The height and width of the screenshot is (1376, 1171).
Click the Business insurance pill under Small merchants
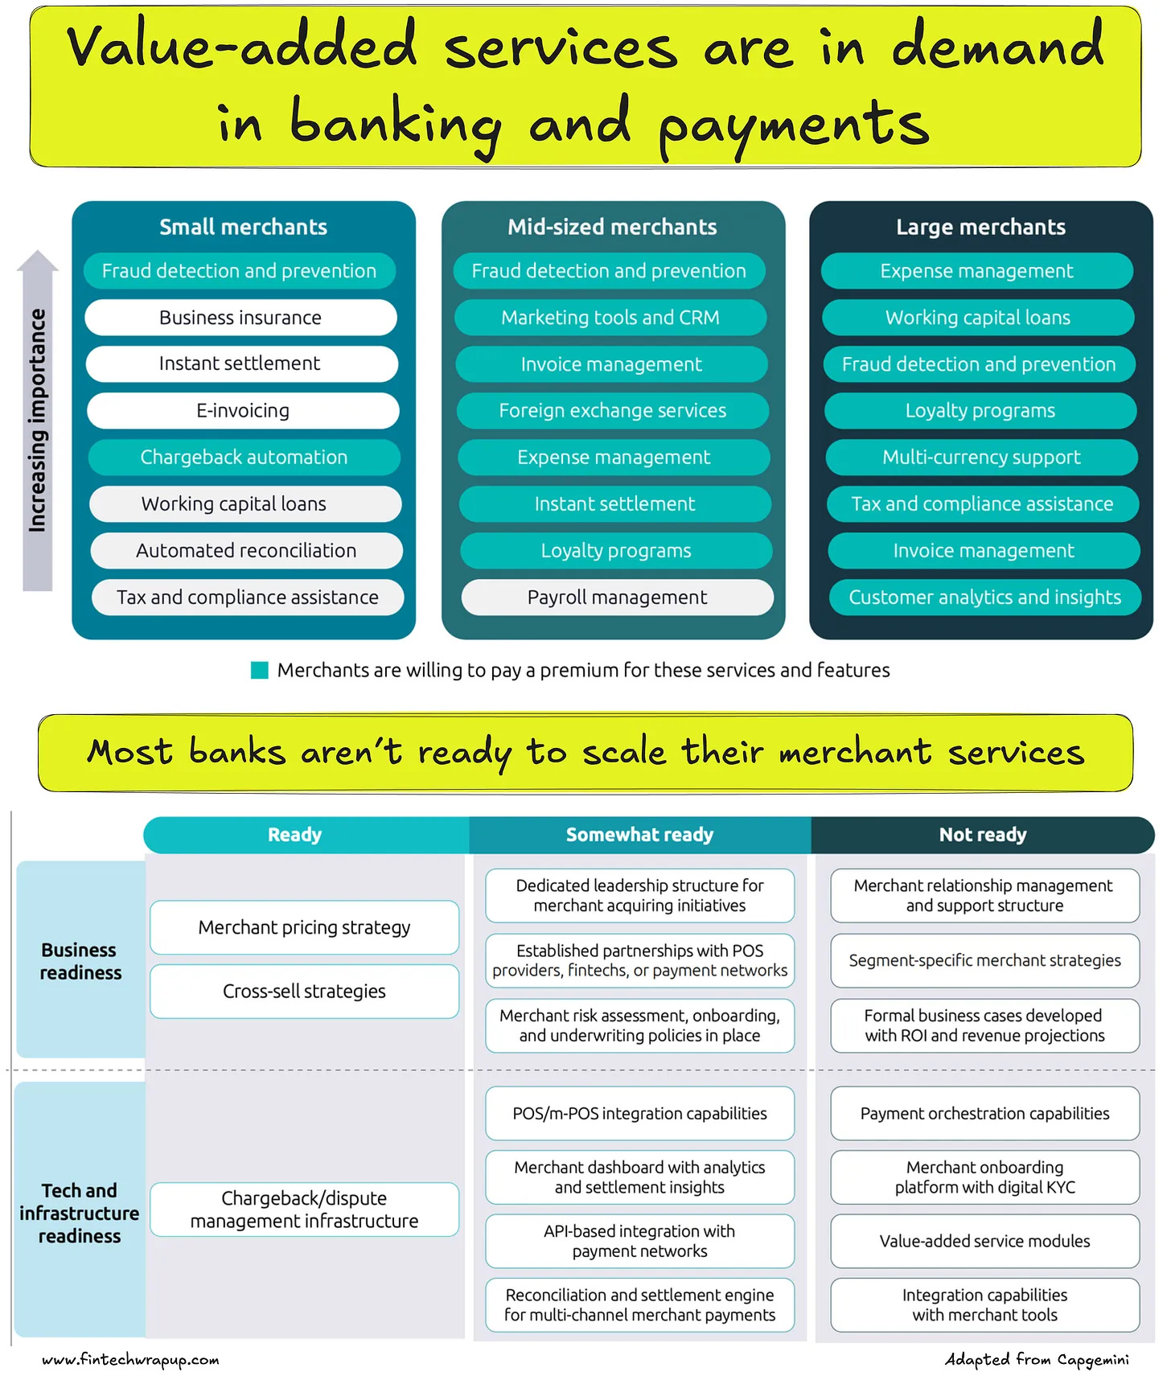[240, 318]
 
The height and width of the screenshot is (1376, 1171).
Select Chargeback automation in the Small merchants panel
[244, 457]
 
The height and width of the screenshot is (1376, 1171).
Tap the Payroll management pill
[617, 598]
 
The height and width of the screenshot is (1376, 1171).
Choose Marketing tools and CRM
[610, 318]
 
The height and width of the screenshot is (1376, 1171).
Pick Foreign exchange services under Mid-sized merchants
[612, 411]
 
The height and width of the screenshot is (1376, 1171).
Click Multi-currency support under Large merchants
[981, 458]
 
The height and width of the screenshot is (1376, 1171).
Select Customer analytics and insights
[984, 598]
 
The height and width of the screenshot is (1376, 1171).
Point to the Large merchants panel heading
[980, 228]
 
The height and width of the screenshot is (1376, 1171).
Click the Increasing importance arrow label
[37, 421]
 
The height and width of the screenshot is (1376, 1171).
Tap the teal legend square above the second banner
[260, 670]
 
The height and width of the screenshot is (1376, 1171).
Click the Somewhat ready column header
[639, 835]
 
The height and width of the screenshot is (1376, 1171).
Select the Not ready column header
[983, 835]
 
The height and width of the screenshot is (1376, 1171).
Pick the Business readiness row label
[80, 961]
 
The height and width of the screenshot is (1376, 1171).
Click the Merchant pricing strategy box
[304, 927]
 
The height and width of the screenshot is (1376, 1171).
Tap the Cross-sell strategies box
[304, 992]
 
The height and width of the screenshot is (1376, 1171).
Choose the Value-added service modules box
[984, 1241]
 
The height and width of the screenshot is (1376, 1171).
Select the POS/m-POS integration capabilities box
[639, 1113]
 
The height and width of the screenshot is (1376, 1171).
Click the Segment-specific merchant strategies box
[984, 960]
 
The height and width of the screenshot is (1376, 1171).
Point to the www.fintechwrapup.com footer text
[130, 1359]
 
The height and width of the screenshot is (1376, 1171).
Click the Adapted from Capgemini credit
[1036, 1359]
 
